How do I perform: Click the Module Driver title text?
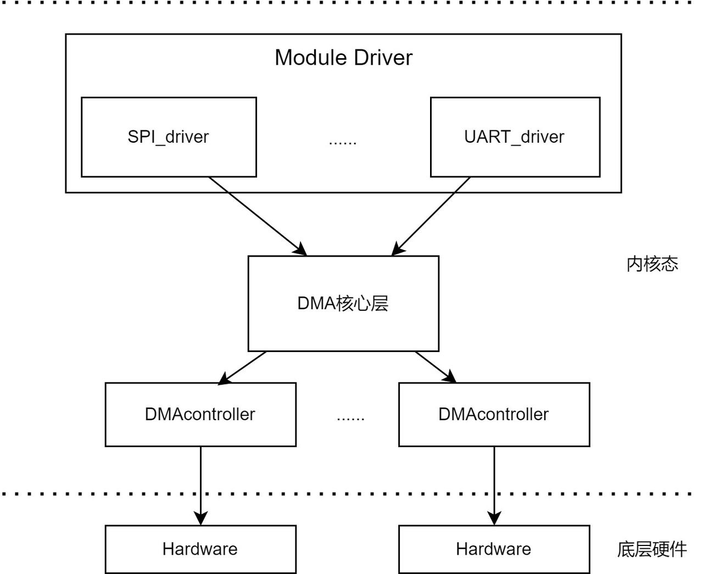click(344, 58)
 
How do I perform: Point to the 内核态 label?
click(652, 264)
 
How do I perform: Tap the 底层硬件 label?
click(652, 549)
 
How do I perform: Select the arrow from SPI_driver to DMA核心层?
click(258, 216)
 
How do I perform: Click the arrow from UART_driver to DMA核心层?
click(431, 216)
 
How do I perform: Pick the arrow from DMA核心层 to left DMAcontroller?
click(242, 368)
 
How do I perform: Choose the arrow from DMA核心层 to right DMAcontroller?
click(436, 367)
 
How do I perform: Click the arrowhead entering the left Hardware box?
click(200, 519)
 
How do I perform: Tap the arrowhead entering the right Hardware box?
click(494, 519)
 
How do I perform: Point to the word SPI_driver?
click(168, 137)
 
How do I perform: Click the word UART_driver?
click(514, 137)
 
